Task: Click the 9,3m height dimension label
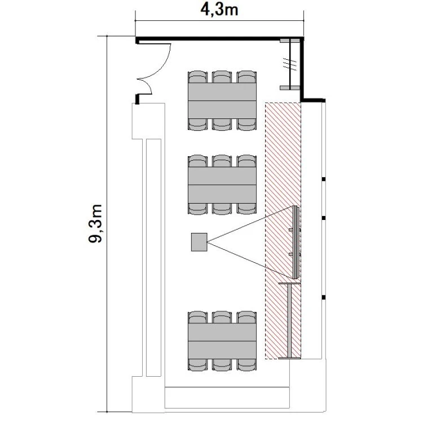coord(95,224)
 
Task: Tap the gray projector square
coord(199,242)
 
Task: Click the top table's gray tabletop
coord(222,100)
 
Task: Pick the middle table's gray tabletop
coord(222,184)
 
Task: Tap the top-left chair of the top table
coord(197,77)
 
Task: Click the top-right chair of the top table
coord(246,77)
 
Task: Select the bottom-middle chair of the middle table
coord(222,208)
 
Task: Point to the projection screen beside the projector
coord(295,243)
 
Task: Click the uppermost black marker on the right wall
coord(324,179)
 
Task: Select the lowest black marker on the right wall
coord(324,297)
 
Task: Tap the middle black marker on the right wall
coord(324,217)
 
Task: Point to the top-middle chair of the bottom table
coord(222,317)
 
